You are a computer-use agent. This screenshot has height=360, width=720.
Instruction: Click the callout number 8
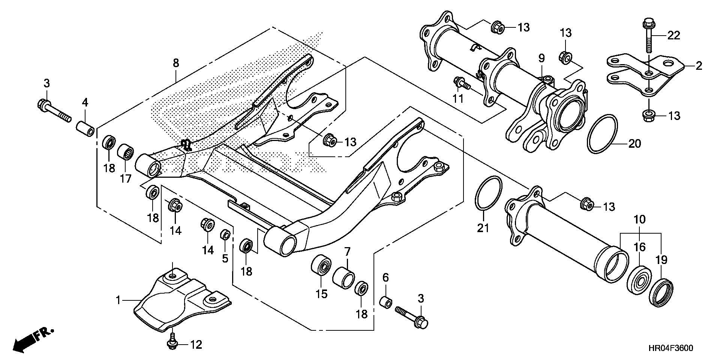point(176,63)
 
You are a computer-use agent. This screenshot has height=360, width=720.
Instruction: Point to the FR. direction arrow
point(33,340)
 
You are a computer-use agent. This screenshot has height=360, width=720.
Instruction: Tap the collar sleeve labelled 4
point(85,129)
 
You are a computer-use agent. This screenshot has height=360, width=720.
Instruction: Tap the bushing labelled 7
point(343,277)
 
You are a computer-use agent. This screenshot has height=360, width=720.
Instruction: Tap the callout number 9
point(541,58)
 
